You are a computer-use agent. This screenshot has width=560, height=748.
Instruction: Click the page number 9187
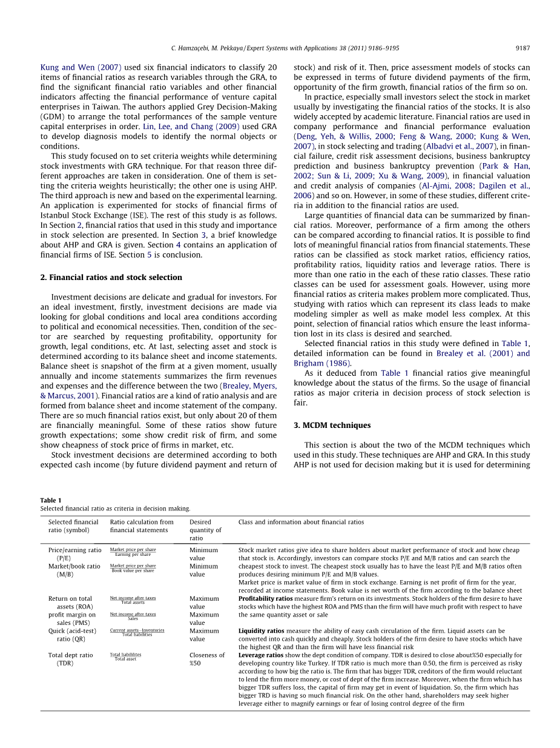[x=522, y=48]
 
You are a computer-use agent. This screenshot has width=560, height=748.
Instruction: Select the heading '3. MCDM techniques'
[x=332, y=425]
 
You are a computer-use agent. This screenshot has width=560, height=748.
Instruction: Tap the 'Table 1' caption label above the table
[x=51, y=500]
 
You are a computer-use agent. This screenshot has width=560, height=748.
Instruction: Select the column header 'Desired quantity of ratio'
[x=205, y=530]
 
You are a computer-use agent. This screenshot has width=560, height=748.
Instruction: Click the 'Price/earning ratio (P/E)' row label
[x=74, y=554]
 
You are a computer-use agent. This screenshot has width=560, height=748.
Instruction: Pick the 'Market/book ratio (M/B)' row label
[x=74, y=570]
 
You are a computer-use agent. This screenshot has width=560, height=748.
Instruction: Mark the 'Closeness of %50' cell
[x=206, y=658]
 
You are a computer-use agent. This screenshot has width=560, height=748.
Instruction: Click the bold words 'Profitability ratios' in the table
[x=265, y=598]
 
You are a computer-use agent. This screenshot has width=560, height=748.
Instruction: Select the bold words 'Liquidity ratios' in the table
[x=261, y=630]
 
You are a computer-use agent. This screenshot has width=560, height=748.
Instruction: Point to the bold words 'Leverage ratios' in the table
[x=261, y=655]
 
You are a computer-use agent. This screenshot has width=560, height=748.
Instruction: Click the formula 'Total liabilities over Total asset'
[x=125, y=656]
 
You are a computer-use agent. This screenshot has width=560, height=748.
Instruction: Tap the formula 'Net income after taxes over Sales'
[x=133, y=616]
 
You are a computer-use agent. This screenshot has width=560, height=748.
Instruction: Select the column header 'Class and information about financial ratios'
[x=301, y=522]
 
